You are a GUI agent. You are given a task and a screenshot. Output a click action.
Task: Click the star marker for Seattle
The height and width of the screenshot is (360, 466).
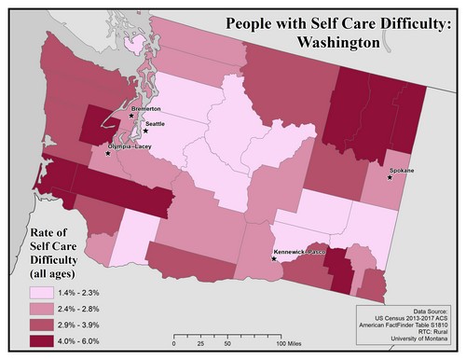(x=146, y=132)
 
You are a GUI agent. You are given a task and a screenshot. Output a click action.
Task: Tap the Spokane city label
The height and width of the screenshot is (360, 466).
(x=403, y=172)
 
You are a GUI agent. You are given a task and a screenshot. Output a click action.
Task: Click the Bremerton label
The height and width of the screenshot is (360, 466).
(x=147, y=109)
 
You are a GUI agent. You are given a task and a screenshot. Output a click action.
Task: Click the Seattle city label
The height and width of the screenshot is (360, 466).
(x=156, y=124)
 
